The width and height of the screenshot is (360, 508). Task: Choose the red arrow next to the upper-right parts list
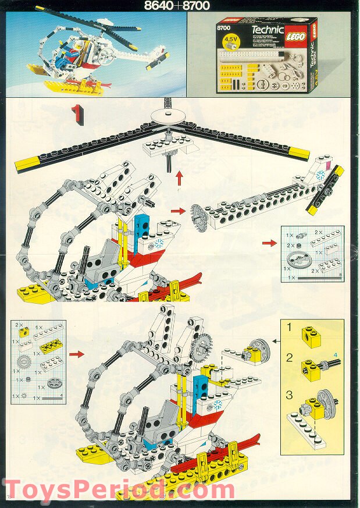269,243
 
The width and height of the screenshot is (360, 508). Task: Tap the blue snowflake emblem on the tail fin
320,174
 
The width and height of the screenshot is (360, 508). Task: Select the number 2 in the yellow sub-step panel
289,357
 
